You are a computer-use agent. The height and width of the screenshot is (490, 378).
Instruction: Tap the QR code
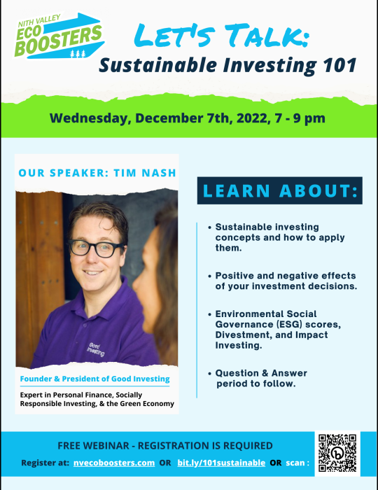coord(337,453)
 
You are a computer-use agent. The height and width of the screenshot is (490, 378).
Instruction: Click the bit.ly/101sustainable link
coord(221,463)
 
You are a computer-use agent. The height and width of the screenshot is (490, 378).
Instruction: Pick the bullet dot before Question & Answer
coord(210,373)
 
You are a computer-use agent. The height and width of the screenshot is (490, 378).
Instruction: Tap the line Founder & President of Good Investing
coord(94,379)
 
